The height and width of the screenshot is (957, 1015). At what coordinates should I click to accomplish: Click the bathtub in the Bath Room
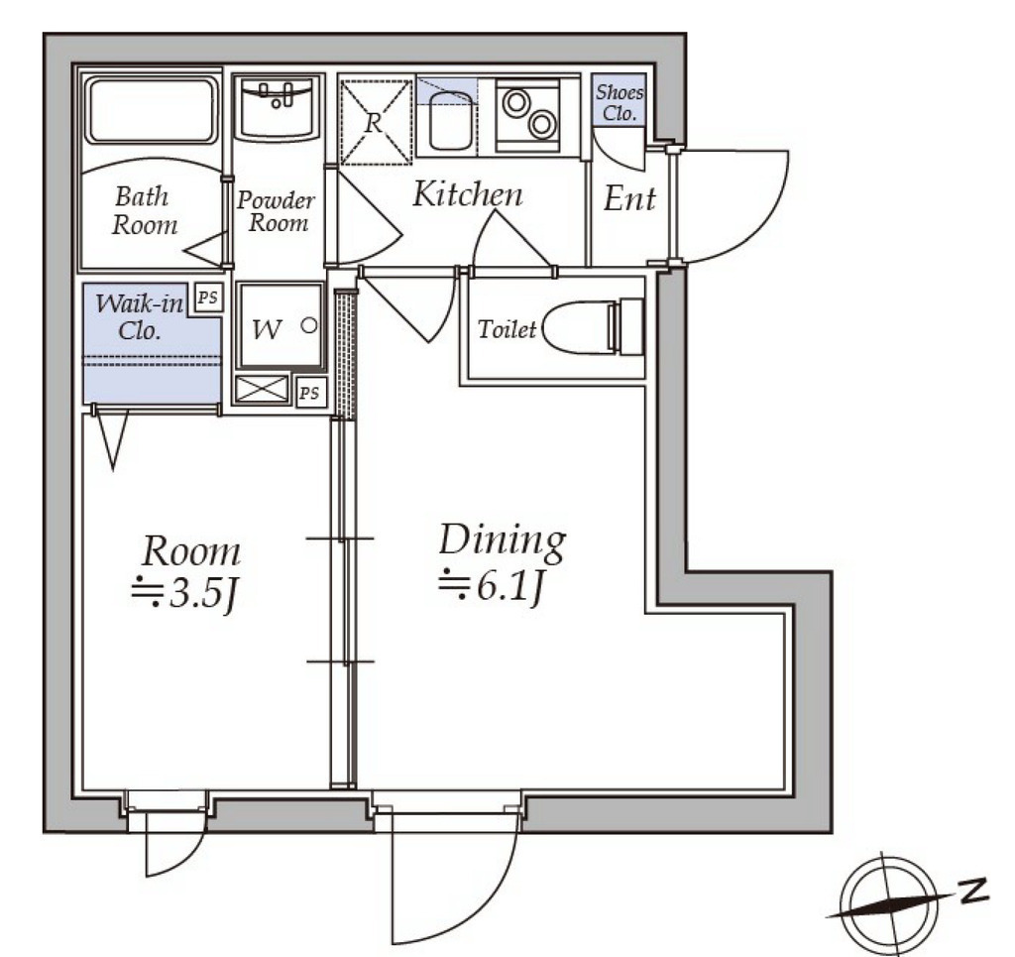tap(152, 110)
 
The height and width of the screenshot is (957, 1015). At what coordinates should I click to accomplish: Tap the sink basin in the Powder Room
tap(277, 107)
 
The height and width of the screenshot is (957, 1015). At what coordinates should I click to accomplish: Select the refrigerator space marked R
tap(376, 122)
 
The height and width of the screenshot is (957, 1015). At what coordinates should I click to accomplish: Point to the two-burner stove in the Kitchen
tap(528, 115)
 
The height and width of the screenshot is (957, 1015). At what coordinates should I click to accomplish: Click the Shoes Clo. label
tap(620, 103)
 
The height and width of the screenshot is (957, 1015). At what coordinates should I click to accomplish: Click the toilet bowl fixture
tap(594, 327)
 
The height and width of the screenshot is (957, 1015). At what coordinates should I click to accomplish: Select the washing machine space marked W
tap(280, 325)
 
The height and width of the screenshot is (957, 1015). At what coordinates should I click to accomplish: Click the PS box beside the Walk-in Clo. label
tap(208, 298)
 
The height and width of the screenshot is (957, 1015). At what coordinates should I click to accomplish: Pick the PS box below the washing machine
tap(310, 393)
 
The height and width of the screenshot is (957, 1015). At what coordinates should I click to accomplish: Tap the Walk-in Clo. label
tap(139, 316)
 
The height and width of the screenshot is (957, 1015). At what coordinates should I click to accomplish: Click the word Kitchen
tap(468, 193)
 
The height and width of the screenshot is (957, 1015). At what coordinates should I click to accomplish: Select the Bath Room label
tap(144, 210)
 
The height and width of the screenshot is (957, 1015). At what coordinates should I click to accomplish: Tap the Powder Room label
tap(276, 211)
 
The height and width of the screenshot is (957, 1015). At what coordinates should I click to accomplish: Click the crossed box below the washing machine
tap(262, 389)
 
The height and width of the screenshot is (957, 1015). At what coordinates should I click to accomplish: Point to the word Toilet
tap(507, 329)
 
